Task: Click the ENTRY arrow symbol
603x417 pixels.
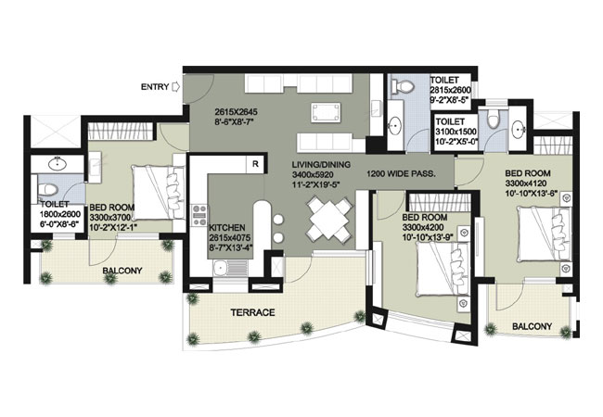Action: click(x=175, y=87)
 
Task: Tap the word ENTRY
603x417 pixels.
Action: click(x=155, y=87)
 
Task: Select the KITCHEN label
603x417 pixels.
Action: click(x=227, y=228)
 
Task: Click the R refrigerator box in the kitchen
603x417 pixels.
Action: click(x=255, y=164)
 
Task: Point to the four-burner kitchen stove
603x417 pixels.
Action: click(x=199, y=215)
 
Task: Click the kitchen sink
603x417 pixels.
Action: click(x=220, y=267)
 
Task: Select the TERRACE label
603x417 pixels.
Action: click(x=252, y=312)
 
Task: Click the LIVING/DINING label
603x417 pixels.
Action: click(x=321, y=165)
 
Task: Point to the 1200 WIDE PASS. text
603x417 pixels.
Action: click(x=401, y=173)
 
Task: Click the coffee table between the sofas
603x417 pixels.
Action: click(x=326, y=112)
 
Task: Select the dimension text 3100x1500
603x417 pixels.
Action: click(x=456, y=132)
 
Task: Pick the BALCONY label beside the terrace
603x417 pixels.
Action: click(x=122, y=271)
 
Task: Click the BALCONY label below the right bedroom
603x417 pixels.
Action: click(x=532, y=326)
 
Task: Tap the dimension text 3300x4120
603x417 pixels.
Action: click(x=526, y=183)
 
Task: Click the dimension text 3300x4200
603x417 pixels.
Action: click(x=423, y=227)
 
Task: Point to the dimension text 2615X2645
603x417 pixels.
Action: click(x=236, y=112)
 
